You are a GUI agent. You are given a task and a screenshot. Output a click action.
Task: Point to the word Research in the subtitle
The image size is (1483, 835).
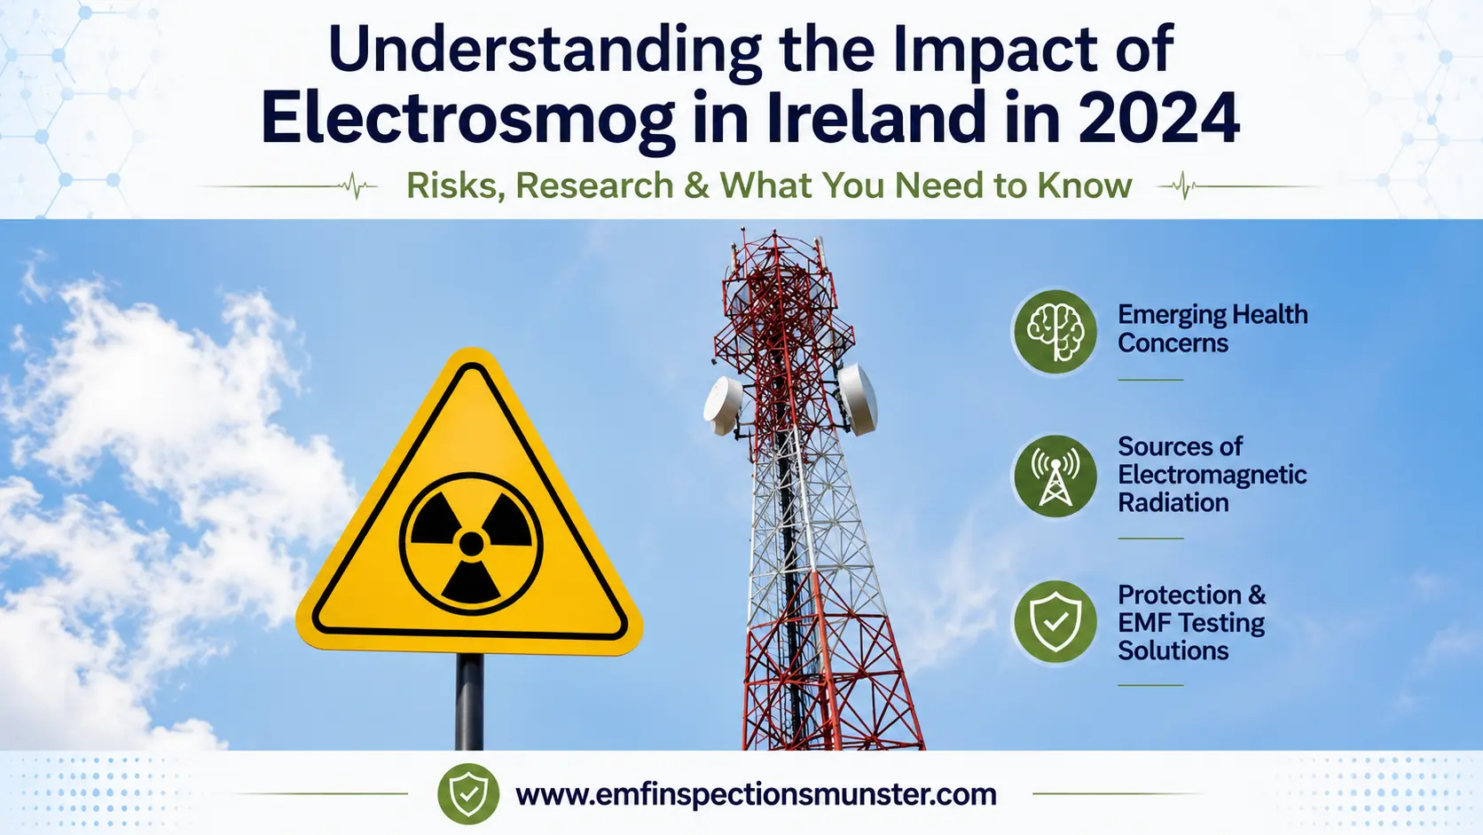tap(594, 185)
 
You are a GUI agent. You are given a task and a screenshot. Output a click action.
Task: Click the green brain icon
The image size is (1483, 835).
tap(1055, 331)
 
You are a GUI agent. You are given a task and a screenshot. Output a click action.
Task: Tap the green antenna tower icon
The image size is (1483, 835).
tap(1055, 477)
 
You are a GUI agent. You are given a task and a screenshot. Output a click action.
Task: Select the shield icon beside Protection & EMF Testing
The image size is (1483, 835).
tap(1055, 622)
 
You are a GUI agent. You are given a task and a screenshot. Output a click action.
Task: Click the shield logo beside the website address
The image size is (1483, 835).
tap(468, 793)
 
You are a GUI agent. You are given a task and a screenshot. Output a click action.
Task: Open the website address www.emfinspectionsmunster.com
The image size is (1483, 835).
tap(756, 794)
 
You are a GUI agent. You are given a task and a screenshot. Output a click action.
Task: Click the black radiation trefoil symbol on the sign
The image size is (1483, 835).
tap(471, 544)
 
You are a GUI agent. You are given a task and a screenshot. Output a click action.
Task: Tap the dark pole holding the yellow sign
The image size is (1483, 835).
tap(468, 702)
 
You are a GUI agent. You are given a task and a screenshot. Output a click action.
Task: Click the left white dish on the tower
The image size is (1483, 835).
tap(723, 406)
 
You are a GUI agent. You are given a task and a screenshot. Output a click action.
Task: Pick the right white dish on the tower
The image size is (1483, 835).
tap(858, 398)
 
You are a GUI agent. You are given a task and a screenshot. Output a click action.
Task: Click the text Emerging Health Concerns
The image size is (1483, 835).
tap(1212, 328)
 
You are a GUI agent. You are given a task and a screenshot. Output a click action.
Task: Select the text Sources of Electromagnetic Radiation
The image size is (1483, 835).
tap(1212, 474)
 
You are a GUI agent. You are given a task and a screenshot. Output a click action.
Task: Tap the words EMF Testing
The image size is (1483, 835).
tap(1191, 623)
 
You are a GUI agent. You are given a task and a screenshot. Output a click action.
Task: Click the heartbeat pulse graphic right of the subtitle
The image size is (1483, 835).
tap(1184, 186)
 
